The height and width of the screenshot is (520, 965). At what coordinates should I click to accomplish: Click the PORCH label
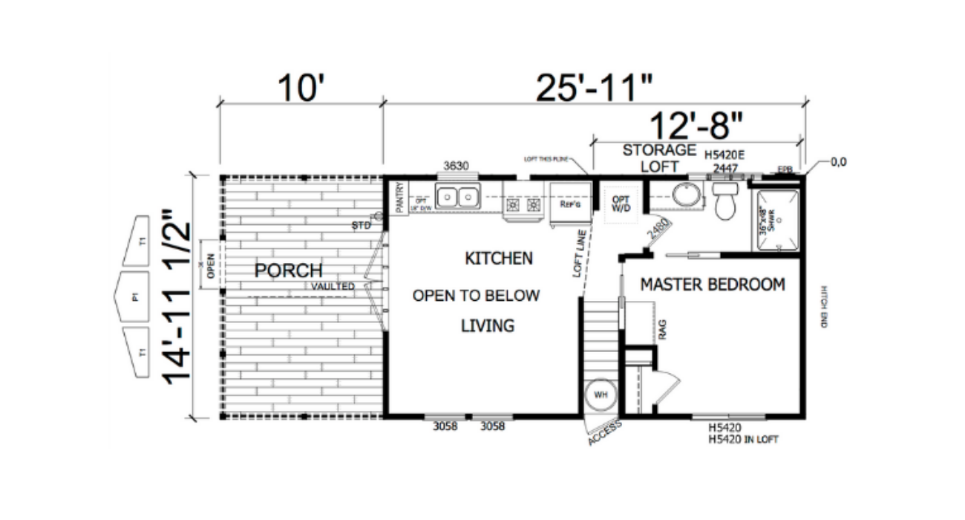[289, 270]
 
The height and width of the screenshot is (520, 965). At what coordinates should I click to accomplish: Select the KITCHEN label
[498, 259]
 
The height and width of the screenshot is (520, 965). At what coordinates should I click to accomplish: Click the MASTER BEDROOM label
[713, 285]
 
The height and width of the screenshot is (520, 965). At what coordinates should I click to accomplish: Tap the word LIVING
[487, 325]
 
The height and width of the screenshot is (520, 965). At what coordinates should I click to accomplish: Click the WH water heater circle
[601, 394]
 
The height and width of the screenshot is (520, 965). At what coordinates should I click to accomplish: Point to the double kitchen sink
[457, 197]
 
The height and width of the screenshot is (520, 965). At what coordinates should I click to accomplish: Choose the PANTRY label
[399, 199]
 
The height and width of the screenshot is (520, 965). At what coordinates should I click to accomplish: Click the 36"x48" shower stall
[777, 222]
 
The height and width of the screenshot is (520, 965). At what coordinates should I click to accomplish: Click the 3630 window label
[456, 166]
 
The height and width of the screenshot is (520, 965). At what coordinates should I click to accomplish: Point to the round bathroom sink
[687, 195]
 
